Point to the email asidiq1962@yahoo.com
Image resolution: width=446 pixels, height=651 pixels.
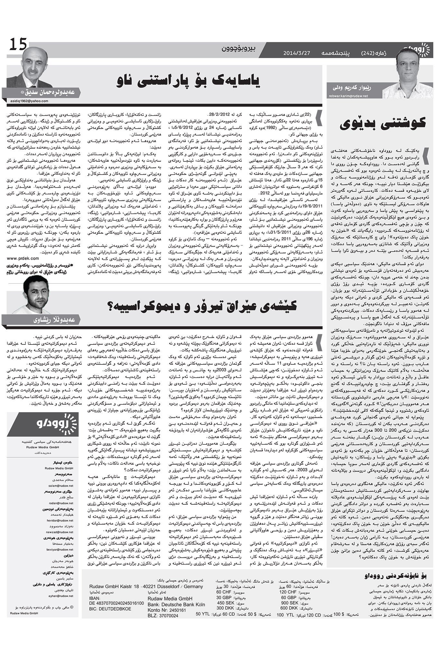(29, 101)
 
